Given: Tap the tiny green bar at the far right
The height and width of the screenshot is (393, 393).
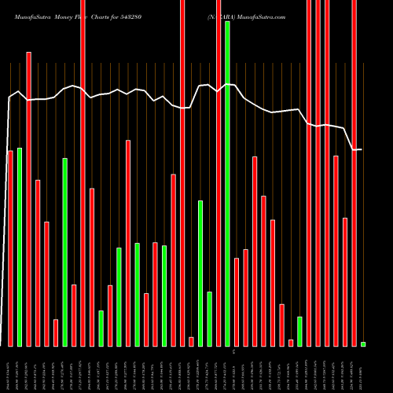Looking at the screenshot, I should click(x=363, y=344).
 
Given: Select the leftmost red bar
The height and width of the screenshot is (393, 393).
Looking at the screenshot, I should click(x=10, y=248).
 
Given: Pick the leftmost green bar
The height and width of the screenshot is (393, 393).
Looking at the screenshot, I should click(x=20, y=247).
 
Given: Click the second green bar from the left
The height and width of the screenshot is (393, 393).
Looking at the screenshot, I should click(x=65, y=252).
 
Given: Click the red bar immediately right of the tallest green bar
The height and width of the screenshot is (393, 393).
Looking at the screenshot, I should click(x=237, y=302).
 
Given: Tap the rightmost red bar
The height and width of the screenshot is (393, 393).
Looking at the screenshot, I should click(x=354, y=173).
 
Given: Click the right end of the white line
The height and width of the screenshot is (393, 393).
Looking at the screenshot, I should click(x=362, y=149).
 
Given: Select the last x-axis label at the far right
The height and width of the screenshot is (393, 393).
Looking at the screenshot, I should click(x=363, y=369).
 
